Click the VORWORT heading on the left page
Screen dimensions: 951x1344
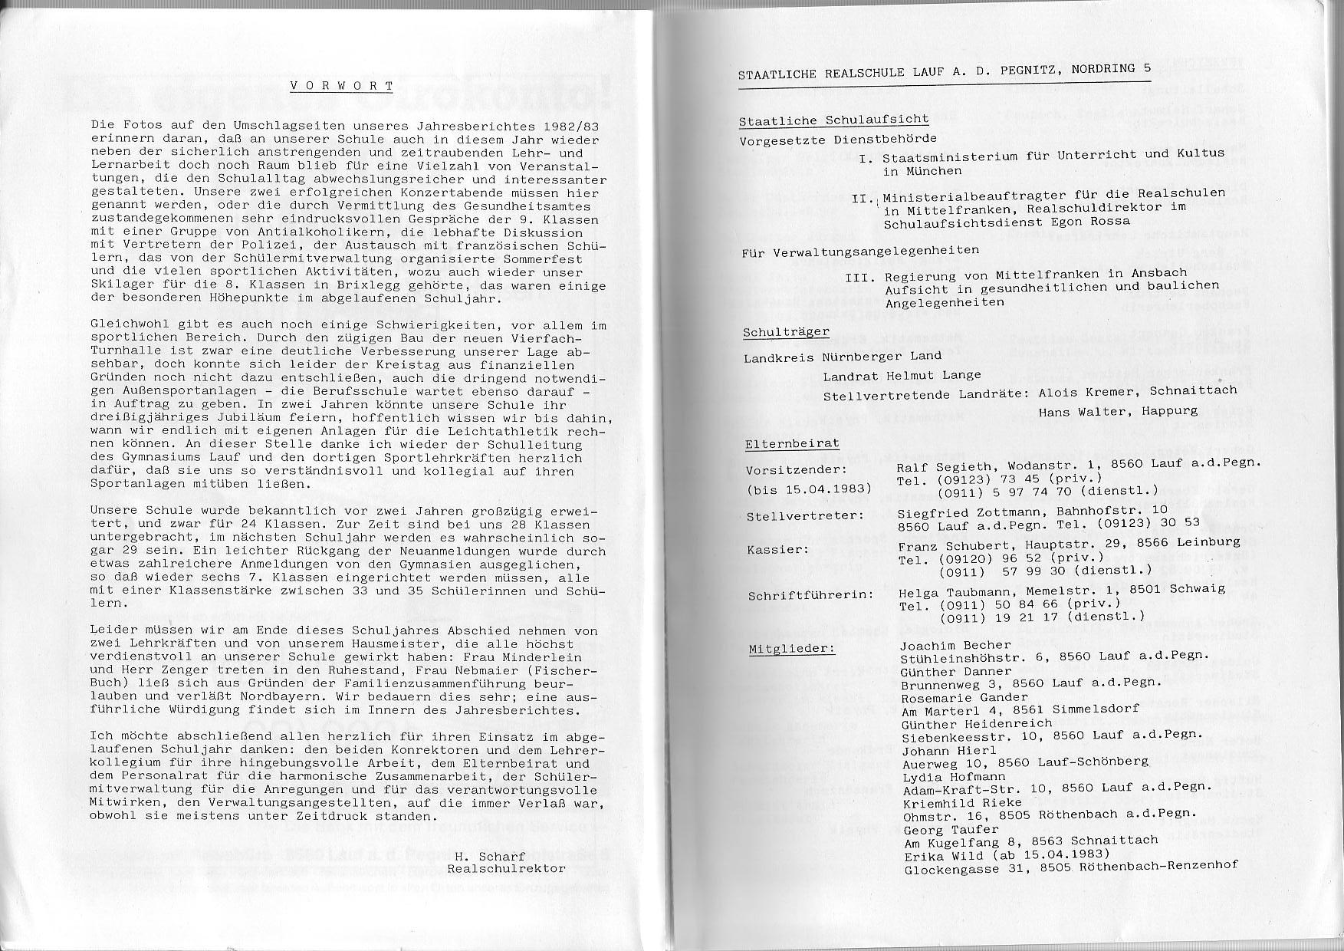[x=341, y=87]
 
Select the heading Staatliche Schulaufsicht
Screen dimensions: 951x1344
[x=833, y=121]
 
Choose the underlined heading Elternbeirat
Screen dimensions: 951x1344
[x=792, y=444]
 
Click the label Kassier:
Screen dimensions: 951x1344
[x=777, y=551]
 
